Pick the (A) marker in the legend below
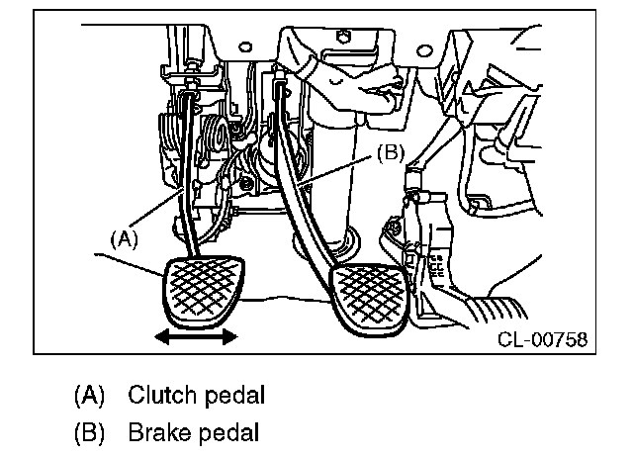coord(89,396)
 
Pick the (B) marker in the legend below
coord(89,431)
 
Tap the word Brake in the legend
coord(153,431)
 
